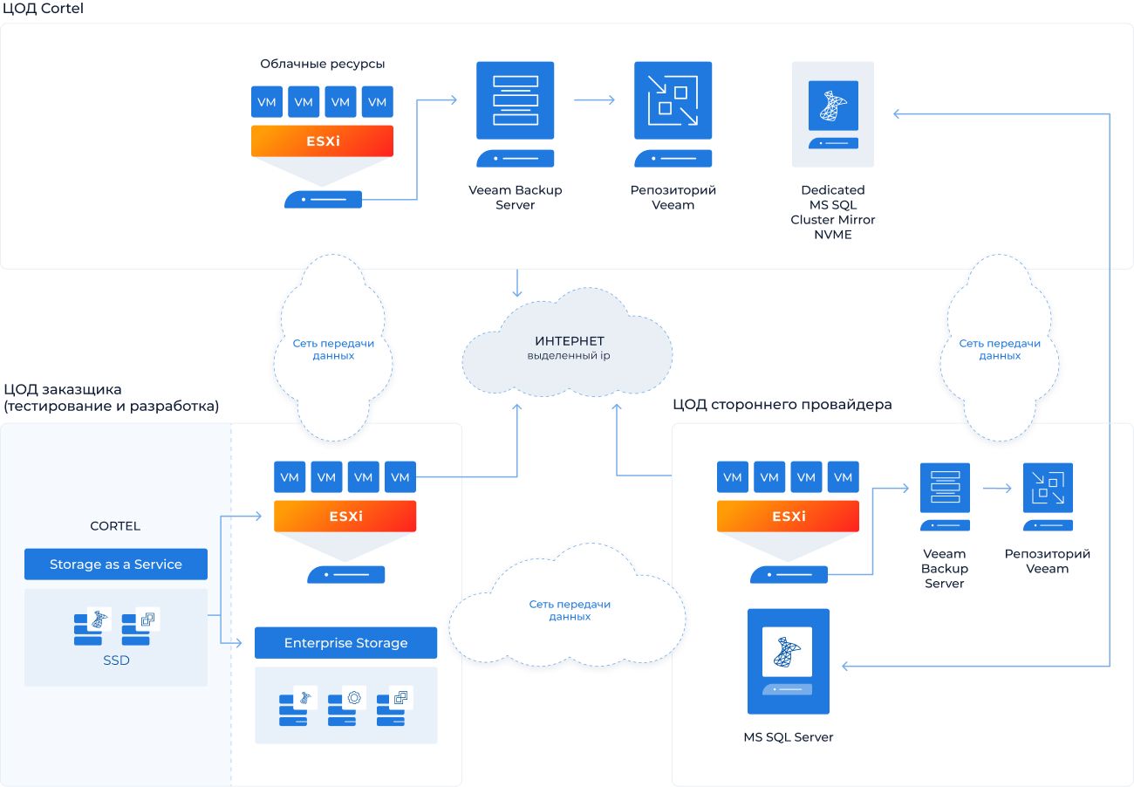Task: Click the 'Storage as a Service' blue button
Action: [116, 565]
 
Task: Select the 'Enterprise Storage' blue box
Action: [345, 643]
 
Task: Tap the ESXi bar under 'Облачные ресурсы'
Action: [322, 141]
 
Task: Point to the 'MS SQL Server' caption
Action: [789, 737]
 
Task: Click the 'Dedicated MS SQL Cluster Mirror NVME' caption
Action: [832, 212]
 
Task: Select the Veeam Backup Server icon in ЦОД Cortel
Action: [515, 100]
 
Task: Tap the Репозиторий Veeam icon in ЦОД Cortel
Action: [673, 100]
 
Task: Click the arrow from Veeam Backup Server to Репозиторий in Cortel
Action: [594, 100]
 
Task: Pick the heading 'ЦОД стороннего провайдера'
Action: [782, 405]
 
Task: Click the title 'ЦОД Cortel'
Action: [44, 9]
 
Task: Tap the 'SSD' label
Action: [116, 660]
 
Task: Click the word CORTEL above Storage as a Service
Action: [115, 526]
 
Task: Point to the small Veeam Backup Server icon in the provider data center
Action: [945, 488]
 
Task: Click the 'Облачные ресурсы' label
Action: [322, 64]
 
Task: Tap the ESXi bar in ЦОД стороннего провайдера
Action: [788, 517]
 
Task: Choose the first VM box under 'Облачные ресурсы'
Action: [267, 102]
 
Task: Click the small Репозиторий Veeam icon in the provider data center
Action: [1048, 488]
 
